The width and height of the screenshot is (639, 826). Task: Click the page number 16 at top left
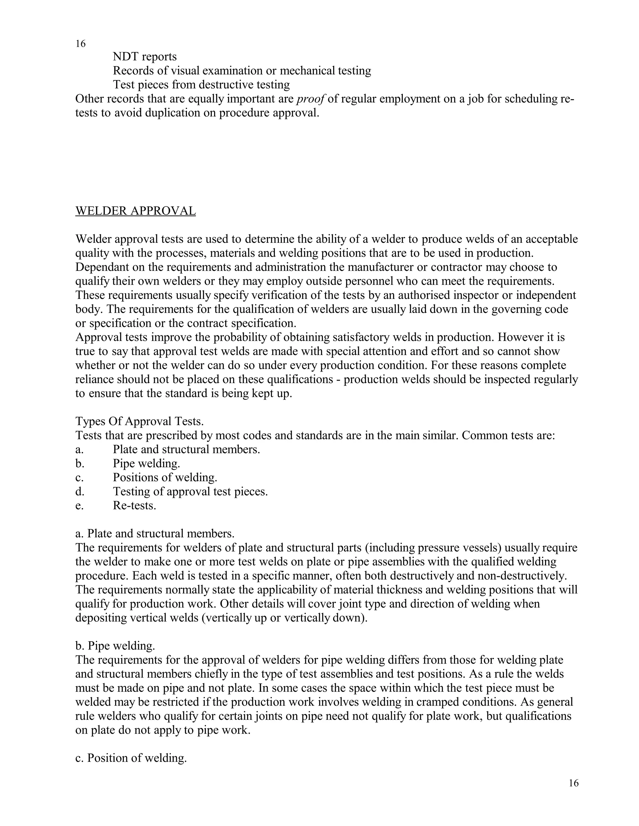80,44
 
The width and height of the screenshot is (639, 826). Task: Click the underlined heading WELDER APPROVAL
135,211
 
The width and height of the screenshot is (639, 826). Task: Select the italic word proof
310,99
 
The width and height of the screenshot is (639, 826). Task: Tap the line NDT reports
144,57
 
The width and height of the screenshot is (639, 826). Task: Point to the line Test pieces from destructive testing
201,84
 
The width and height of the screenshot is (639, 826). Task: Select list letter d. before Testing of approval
80,491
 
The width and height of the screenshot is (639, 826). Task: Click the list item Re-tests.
134,505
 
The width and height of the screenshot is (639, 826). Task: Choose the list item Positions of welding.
165,477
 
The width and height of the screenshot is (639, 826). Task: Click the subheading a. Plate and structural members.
155,533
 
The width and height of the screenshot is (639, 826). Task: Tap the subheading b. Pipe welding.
115,646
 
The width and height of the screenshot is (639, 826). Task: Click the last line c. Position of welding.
131,758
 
